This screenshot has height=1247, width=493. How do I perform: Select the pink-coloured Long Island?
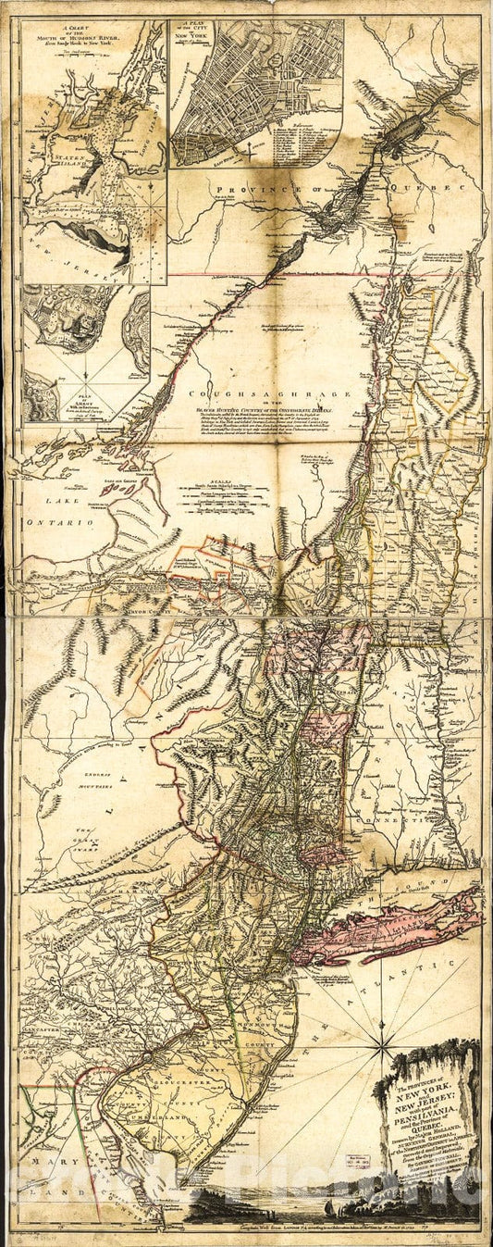(x=388, y=925)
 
